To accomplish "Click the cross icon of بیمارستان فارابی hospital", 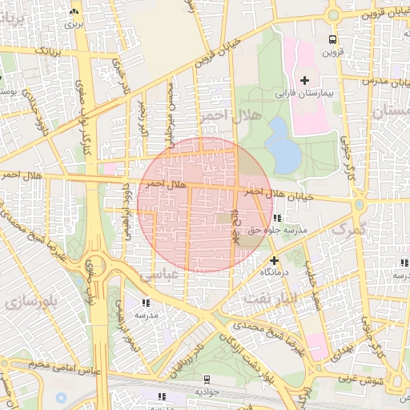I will [304, 79].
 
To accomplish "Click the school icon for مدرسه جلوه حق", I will [276, 218].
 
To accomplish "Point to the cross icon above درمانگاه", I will [274, 260].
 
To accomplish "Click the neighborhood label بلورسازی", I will [23, 303].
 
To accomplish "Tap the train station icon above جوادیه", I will [207, 380].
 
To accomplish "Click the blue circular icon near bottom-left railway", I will [62, 397].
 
